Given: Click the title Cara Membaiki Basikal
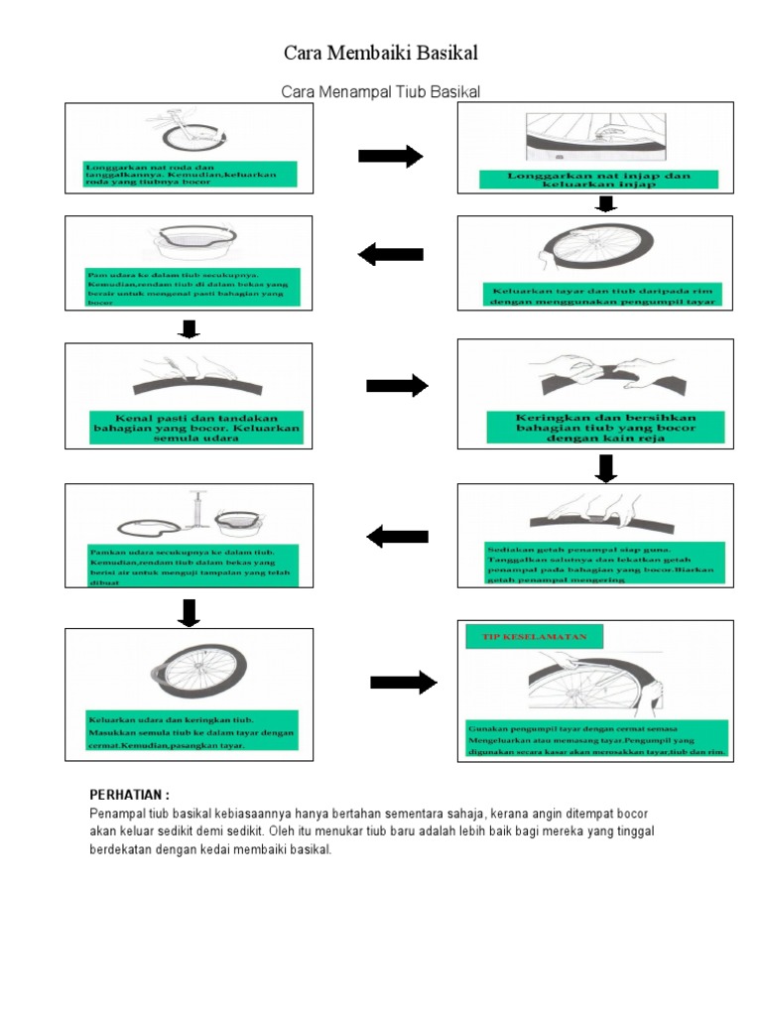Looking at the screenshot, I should pyautogui.click(x=381, y=52).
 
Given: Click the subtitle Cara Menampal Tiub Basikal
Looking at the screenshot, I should pyautogui.click(x=381, y=91).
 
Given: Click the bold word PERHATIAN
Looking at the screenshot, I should pyautogui.click(x=130, y=795).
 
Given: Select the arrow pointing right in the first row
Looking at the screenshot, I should pyautogui.click(x=390, y=157).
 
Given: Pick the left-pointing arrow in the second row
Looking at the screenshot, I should pyautogui.click(x=390, y=255).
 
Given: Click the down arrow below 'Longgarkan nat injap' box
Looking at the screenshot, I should pyautogui.click(x=606, y=204).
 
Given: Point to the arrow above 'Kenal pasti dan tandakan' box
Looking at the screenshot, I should pyautogui.click(x=189, y=329).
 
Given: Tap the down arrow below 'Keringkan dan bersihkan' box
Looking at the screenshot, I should pyautogui.click(x=606, y=467).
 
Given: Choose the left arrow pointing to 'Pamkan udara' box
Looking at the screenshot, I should pyautogui.click(x=398, y=537).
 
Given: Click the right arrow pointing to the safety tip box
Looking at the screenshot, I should pyautogui.click(x=403, y=682).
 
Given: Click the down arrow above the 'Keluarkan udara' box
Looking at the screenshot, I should pyautogui.click(x=189, y=613).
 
